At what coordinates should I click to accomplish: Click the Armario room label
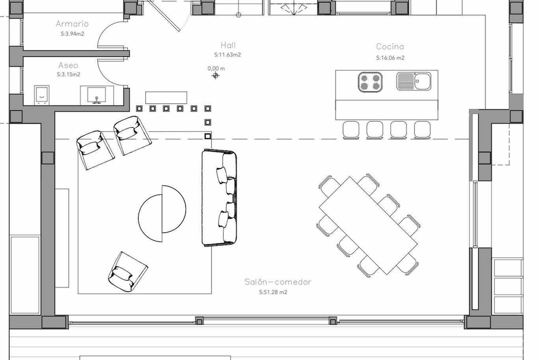[x=72, y=24]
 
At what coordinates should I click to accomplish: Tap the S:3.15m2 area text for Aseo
[x=68, y=75]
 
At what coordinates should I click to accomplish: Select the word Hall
[x=228, y=45]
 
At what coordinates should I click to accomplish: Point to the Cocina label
[x=390, y=46]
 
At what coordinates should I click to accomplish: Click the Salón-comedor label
[x=278, y=282]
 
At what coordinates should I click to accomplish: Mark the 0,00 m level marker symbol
[x=216, y=76]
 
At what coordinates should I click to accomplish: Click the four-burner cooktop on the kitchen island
[x=370, y=82]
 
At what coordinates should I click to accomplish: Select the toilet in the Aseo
[x=42, y=95]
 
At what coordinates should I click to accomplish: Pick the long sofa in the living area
[x=219, y=198]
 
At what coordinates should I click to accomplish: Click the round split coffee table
[x=162, y=214]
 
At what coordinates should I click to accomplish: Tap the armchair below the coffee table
[x=128, y=272]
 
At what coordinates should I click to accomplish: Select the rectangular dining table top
[x=368, y=226]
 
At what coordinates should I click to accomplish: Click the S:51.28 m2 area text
[x=273, y=292]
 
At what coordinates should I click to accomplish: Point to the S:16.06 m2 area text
[x=390, y=58]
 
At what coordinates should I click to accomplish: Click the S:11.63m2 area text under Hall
[x=228, y=55]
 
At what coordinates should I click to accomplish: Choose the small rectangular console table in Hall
[x=166, y=98]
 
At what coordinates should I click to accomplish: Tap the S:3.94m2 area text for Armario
[x=72, y=34]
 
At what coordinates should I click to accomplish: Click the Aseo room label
[x=68, y=65]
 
